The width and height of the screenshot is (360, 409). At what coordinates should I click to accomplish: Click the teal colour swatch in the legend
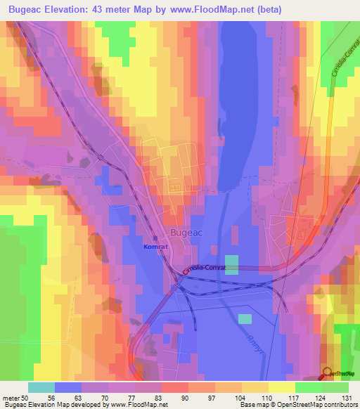pos(41,387)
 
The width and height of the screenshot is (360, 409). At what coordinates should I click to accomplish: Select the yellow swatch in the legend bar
pos(281,387)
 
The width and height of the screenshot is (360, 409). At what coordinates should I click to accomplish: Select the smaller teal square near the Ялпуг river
pos(244,319)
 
